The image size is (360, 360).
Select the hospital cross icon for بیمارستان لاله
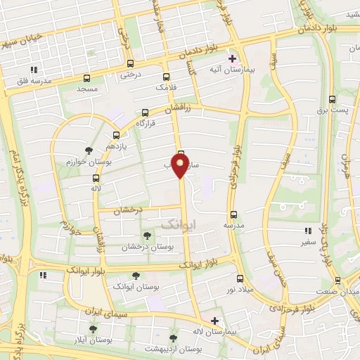click(214, 321)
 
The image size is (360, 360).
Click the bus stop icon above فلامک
click(166, 77)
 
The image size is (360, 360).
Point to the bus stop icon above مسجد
click(87, 79)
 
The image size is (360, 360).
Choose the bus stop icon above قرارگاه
click(145, 112)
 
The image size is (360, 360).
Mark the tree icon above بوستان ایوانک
click(136, 276)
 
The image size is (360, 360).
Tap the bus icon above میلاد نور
click(240, 279)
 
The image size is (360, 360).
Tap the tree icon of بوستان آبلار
click(93, 328)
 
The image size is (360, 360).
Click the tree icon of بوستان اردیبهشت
click(174, 338)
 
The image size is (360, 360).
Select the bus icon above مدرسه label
click(233, 215)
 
